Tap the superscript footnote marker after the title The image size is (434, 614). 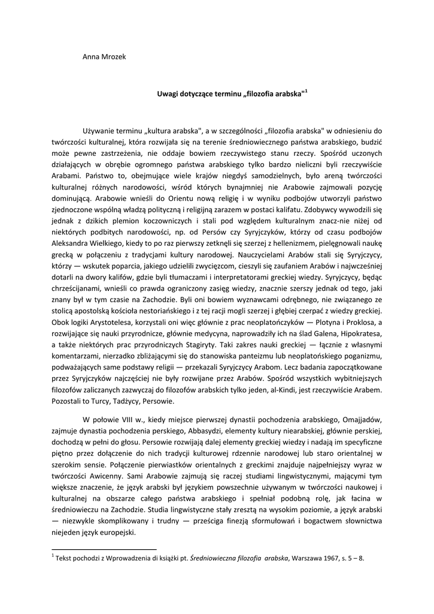[x=306, y=91]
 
